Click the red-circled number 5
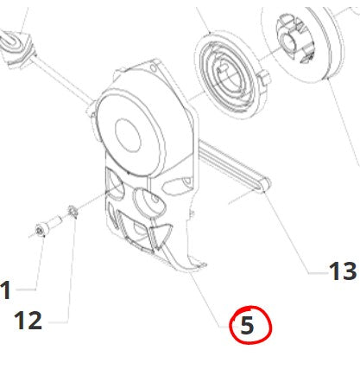click(x=247, y=325)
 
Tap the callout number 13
click(x=343, y=271)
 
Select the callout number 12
click(x=28, y=321)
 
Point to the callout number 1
click(x=6, y=290)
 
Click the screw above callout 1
click(x=48, y=226)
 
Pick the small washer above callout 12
click(x=73, y=212)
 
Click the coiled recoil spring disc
click(x=226, y=75)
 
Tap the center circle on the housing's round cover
click(x=128, y=135)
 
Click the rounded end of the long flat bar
click(x=266, y=184)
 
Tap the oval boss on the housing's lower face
click(x=149, y=201)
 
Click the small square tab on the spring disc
click(x=264, y=78)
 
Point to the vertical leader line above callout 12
click(x=71, y=270)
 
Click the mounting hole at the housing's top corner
click(x=154, y=68)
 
